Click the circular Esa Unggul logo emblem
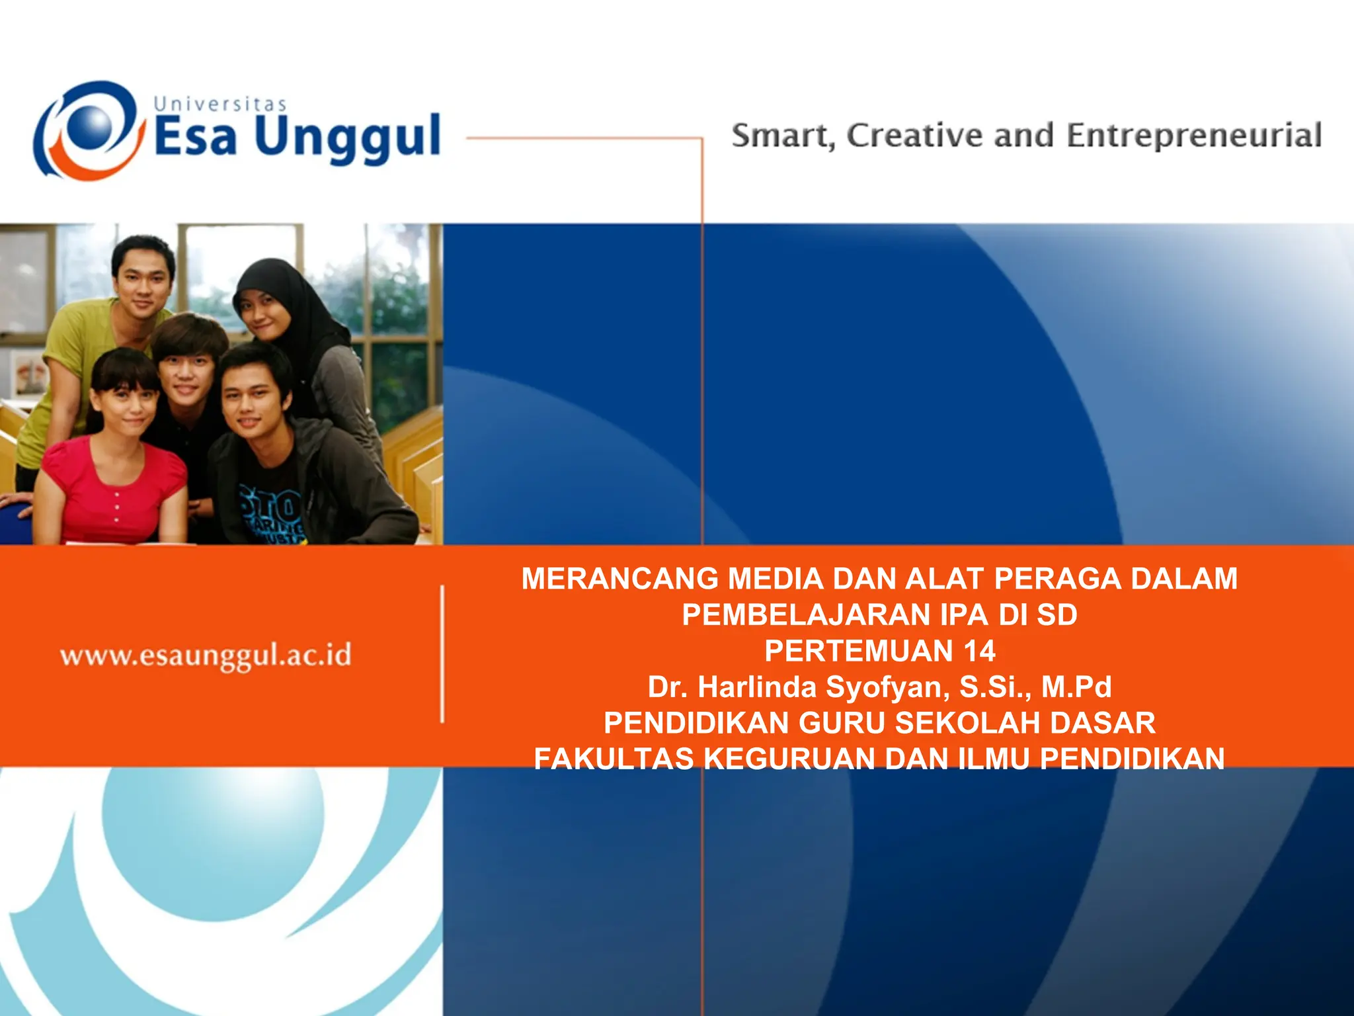tap(89, 130)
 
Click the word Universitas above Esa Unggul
tap(219, 105)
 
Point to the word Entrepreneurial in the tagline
tap(1194, 136)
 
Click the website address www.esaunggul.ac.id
tap(206, 656)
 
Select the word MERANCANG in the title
tap(619, 579)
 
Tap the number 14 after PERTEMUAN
tap(979, 651)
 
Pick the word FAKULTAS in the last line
tap(614, 759)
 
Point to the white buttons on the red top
tap(116, 507)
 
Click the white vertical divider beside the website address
tap(442, 654)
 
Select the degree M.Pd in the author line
tap(1076, 687)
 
